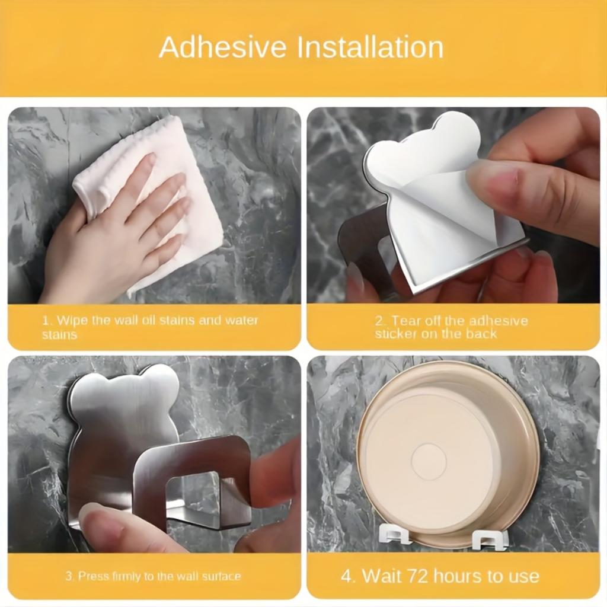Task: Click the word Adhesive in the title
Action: tap(223, 47)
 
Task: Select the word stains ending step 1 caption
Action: tap(59, 335)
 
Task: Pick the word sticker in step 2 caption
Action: tap(398, 334)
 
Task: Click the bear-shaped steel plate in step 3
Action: tap(119, 415)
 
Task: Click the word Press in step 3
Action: tap(93, 576)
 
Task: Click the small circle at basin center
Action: tap(428, 461)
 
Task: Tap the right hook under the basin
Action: tap(490, 538)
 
